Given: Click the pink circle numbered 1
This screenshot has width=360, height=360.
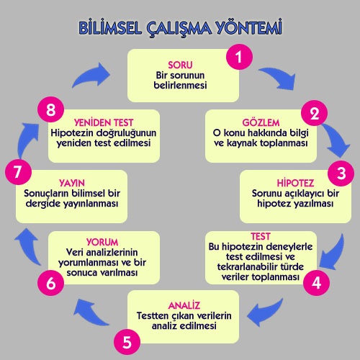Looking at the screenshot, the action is point(239,57).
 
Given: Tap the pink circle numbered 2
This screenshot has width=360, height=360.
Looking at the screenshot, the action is point(314,113).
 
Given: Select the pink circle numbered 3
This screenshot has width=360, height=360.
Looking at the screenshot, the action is point(341,173).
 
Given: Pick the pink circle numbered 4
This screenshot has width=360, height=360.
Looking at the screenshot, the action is point(316,282).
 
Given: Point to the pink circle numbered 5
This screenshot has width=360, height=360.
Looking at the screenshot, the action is point(127,342).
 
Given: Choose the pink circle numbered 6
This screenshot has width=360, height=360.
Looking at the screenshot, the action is point(50,282).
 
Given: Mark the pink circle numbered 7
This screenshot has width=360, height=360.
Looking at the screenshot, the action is point(18,172).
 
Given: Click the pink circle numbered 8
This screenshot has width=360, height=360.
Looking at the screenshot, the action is point(50,109).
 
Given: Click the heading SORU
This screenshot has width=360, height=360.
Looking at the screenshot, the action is point(180,65).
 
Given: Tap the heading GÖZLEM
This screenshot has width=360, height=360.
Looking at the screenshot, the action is point(261,122).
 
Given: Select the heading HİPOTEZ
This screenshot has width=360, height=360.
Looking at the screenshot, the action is point(295,183).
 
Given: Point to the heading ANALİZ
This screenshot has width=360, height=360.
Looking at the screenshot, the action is point(184,305).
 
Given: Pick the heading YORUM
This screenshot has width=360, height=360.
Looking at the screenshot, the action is point(102,242).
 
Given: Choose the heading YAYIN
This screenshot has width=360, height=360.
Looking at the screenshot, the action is point(72,183).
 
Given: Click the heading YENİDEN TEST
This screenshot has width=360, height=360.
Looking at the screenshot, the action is point(104,122).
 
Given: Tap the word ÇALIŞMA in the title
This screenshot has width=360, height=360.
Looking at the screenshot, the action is point(179,29).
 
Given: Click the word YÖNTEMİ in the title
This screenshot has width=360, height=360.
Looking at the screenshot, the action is point(248,27).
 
